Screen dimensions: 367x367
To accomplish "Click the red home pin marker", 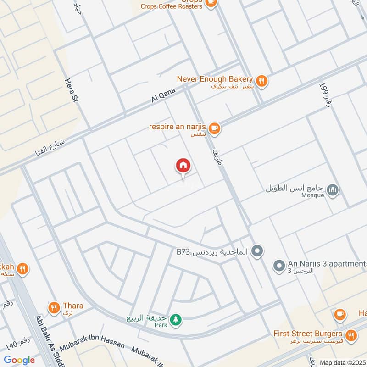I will [x=183, y=165].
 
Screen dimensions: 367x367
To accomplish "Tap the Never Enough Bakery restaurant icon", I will [x=261, y=81].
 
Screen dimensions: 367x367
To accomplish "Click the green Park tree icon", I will [x=175, y=320].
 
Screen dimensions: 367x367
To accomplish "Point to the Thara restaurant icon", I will [x=54, y=307].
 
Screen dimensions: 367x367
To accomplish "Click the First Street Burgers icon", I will [x=351, y=336].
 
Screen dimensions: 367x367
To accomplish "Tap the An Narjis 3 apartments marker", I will [x=278, y=266].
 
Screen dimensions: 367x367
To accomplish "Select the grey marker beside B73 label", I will [x=258, y=251].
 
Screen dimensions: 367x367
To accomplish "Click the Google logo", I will [x=19, y=360].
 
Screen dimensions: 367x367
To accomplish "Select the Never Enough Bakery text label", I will [x=215, y=78].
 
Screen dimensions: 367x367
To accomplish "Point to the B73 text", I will [x=183, y=251].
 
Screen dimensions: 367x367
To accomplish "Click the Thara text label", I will [x=72, y=305].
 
